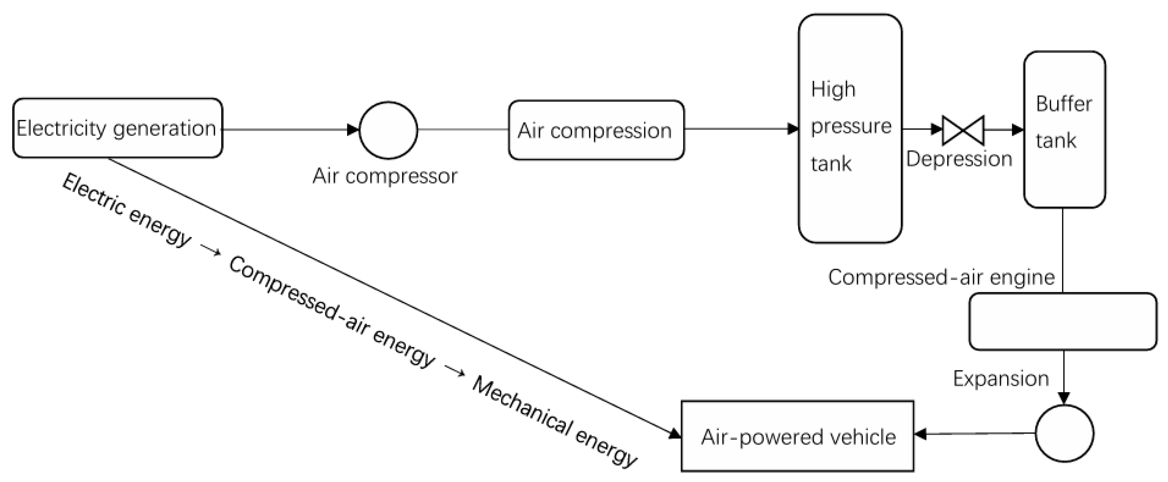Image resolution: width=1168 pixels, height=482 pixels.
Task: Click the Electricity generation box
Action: point(117,128)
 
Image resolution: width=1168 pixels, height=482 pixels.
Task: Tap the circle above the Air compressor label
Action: point(388,130)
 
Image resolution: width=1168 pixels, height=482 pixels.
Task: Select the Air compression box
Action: point(596,130)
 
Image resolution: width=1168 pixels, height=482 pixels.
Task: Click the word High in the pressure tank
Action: point(833,89)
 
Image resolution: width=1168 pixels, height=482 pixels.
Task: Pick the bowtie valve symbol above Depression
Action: point(963,130)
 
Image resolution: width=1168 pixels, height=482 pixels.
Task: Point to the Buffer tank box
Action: point(1064,129)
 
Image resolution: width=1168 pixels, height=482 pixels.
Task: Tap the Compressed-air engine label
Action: point(941,277)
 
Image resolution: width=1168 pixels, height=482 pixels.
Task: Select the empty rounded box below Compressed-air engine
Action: point(1062,321)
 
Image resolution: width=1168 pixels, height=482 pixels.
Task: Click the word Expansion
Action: point(1001,378)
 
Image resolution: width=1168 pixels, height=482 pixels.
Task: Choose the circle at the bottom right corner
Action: point(1064,434)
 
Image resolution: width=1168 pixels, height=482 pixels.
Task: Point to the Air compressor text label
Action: point(385,176)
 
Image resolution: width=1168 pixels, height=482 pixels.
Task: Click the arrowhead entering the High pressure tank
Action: point(793,129)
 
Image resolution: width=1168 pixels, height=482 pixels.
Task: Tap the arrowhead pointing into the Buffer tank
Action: point(1018,130)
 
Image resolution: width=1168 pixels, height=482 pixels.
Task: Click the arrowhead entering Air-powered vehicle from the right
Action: point(920,434)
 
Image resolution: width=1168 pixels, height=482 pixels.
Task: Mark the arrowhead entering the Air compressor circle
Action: point(353,130)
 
